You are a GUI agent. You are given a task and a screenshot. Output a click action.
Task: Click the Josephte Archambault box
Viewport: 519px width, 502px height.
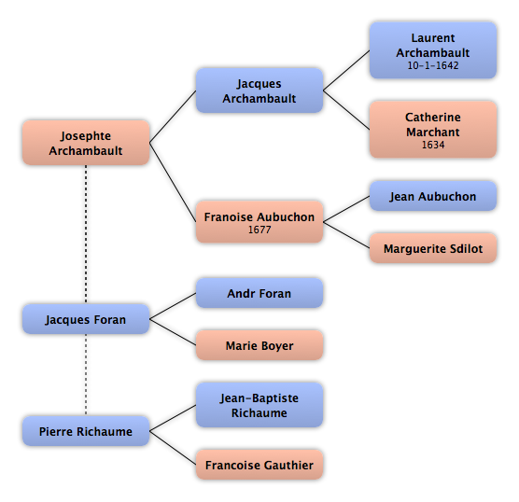tap(86, 143)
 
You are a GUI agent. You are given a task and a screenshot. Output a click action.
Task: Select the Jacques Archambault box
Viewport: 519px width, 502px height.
tap(259, 91)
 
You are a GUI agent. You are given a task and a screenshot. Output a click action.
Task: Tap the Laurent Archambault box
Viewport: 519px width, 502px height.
tap(433, 50)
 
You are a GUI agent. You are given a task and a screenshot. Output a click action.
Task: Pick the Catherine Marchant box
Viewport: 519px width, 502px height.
tap(433, 130)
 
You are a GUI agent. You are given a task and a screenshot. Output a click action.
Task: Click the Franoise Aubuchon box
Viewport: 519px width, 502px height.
tap(259, 222)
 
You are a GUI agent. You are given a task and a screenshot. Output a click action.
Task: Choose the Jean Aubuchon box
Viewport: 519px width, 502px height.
tap(433, 196)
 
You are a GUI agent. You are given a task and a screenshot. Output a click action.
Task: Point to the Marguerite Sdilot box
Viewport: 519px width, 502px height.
tap(433, 248)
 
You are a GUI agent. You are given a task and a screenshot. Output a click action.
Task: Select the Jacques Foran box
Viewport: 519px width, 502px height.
tap(86, 319)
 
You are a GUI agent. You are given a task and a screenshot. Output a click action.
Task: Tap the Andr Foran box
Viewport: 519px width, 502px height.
tap(259, 293)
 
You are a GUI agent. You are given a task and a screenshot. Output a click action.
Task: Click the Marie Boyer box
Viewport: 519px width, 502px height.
tap(259, 345)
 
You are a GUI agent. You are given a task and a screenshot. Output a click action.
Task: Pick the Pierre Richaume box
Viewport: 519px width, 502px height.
tap(86, 431)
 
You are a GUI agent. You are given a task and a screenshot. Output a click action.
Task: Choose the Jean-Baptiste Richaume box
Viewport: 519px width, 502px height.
tap(259, 405)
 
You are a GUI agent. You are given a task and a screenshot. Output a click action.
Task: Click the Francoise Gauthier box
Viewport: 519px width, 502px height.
tap(259, 465)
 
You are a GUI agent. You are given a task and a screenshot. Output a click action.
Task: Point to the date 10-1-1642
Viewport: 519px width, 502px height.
tap(433, 65)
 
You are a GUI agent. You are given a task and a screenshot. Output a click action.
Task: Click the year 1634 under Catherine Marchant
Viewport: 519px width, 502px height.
tap(433, 145)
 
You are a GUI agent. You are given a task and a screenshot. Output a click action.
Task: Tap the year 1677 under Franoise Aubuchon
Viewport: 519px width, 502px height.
tap(259, 230)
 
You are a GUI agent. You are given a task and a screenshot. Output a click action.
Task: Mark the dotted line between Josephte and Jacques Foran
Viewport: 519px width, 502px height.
tap(86, 234)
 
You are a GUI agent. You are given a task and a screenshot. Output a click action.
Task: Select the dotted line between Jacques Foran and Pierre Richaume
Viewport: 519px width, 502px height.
tap(86, 375)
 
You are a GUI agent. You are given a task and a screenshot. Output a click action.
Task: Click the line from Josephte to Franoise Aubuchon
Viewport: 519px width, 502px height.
tap(173, 182)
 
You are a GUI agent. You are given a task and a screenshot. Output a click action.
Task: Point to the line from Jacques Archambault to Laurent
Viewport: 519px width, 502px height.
tap(346, 71)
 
